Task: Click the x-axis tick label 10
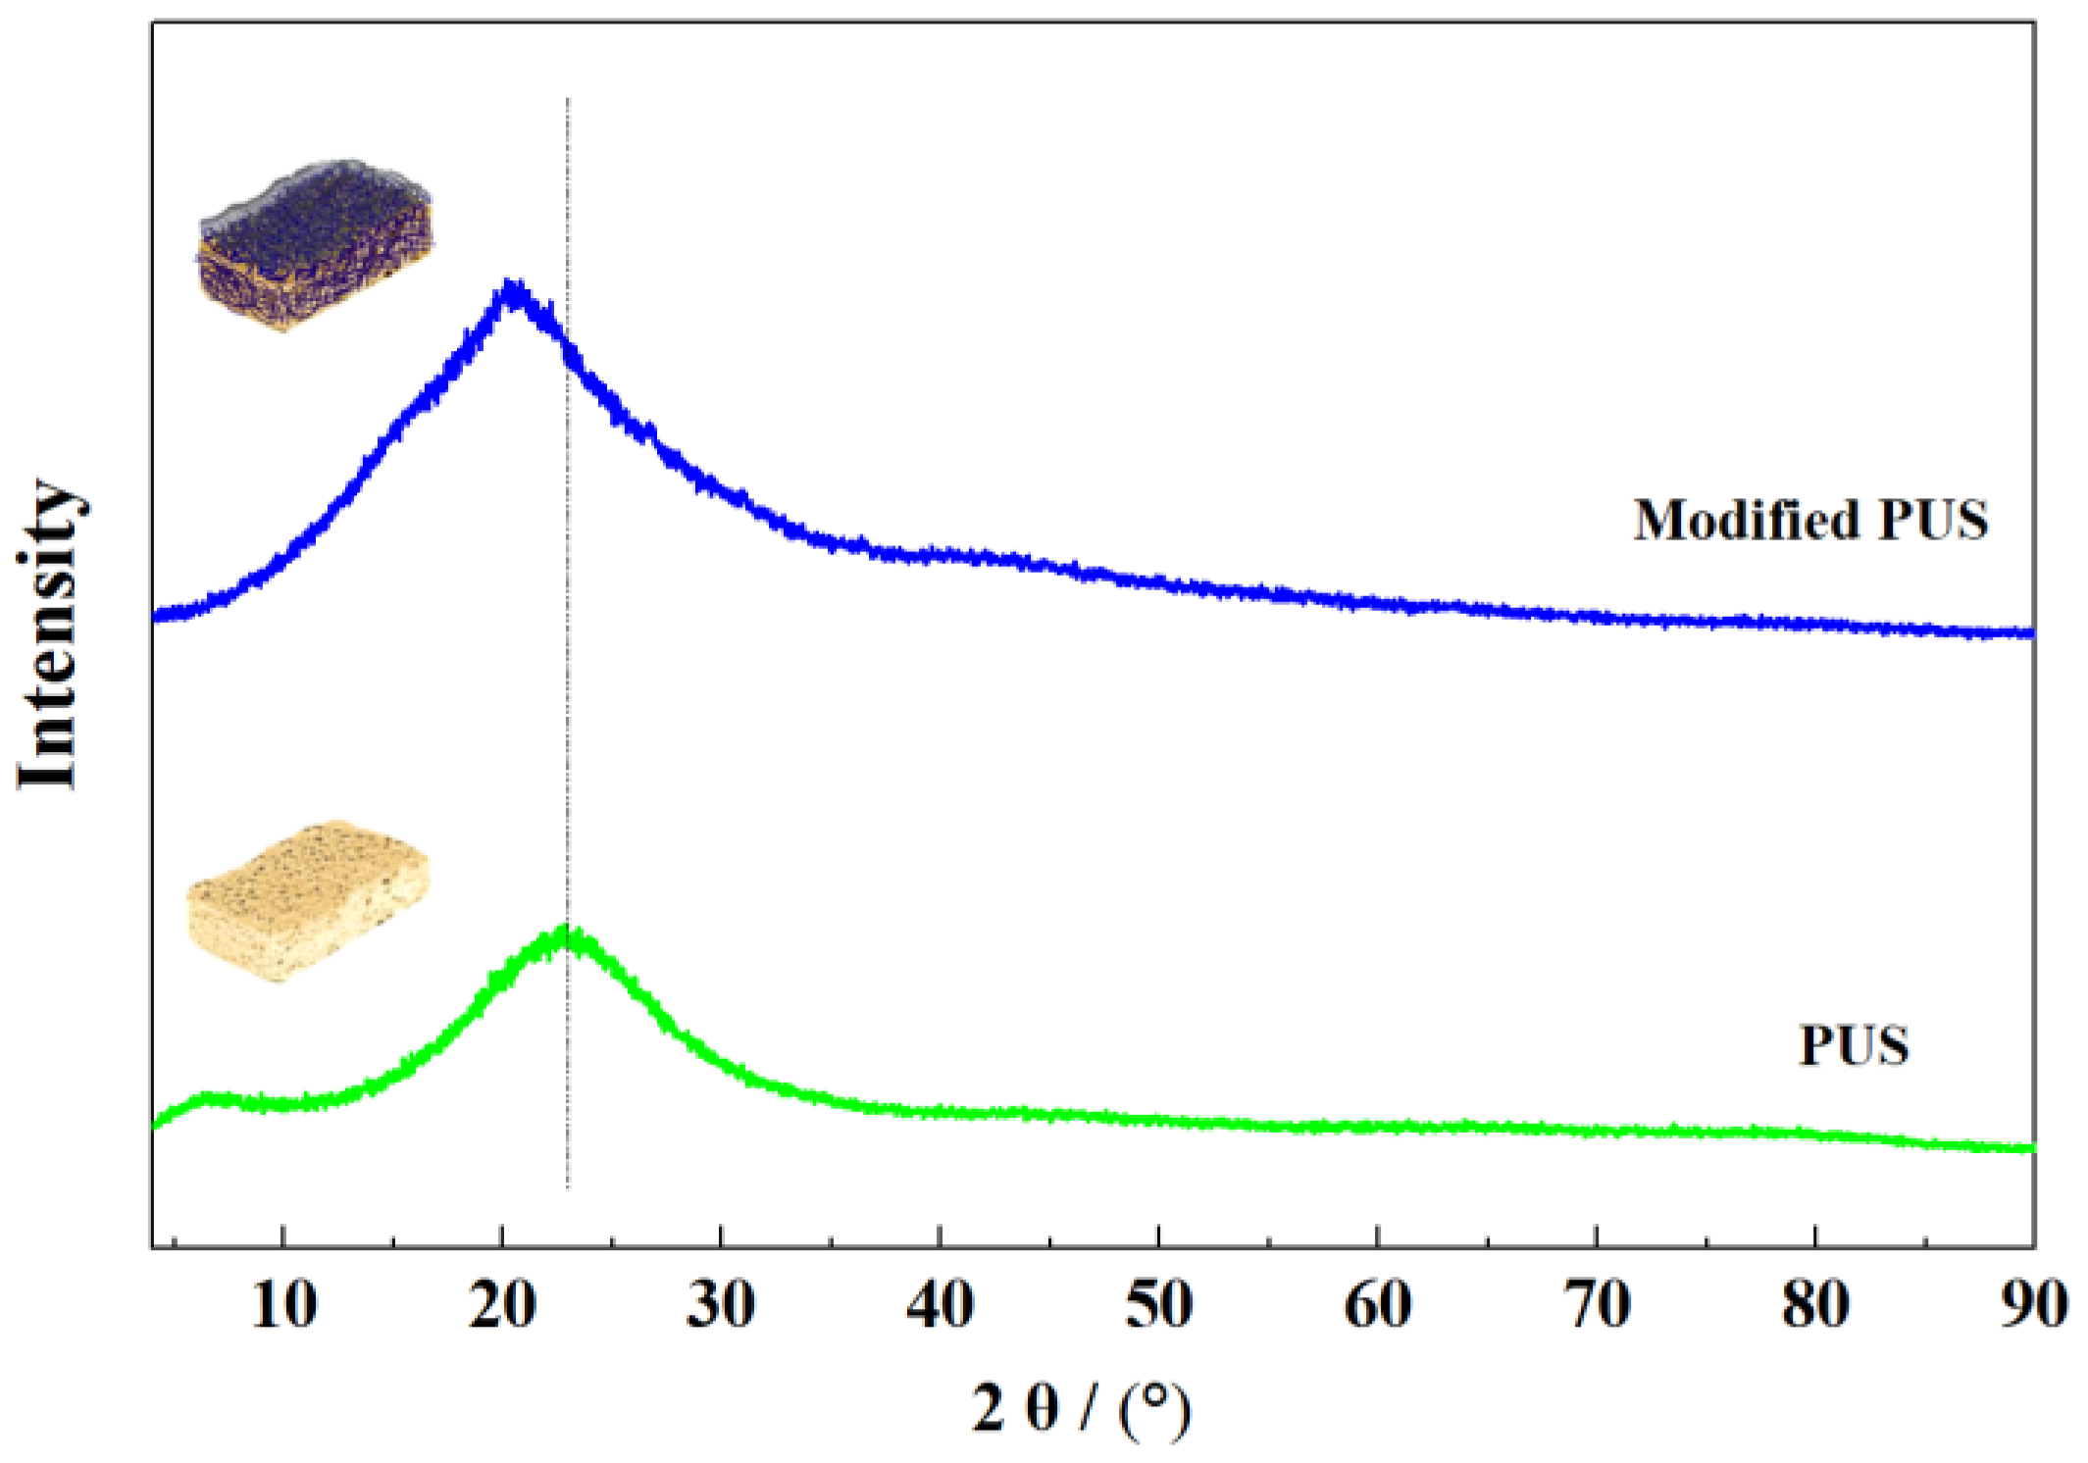coord(283,1306)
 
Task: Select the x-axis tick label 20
coord(502,1306)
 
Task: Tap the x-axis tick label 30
coord(721,1306)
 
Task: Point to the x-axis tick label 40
coord(940,1306)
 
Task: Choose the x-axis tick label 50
coord(1158,1306)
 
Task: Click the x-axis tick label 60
coord(1377,1306)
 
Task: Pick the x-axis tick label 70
coord(1597,1306)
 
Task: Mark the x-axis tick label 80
coord(1815,1306)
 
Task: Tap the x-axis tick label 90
coord(2032,1306)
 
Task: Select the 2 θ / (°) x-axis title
coord(1081,1408)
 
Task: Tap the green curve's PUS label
coord(1854,1045)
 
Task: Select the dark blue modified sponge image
coord(314,245)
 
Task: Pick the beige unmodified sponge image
coord(307,900)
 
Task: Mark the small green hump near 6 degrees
coord(206,1097)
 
